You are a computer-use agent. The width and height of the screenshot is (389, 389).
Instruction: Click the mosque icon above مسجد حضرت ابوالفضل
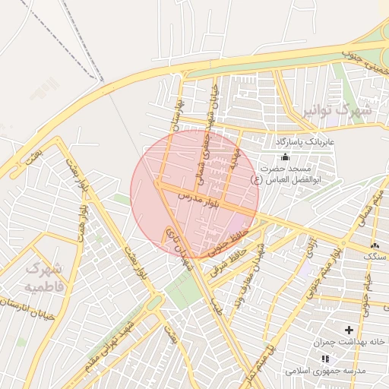tap(285, 157)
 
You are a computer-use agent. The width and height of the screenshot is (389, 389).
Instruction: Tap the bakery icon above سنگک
tap(374, 245)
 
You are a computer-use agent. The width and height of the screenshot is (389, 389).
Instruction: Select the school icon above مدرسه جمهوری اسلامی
tap(325, 359)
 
